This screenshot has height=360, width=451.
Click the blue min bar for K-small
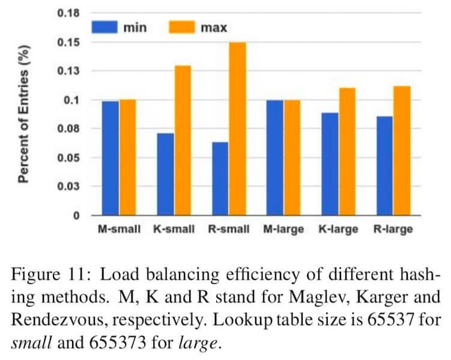(166, 174)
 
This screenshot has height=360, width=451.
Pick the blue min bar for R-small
(220, 178)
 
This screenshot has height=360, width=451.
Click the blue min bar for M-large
(275, 157)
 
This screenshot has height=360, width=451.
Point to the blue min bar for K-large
(330, 164)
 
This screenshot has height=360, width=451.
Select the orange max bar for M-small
(127, 157)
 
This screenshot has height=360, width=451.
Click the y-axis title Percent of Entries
(25, 114)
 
